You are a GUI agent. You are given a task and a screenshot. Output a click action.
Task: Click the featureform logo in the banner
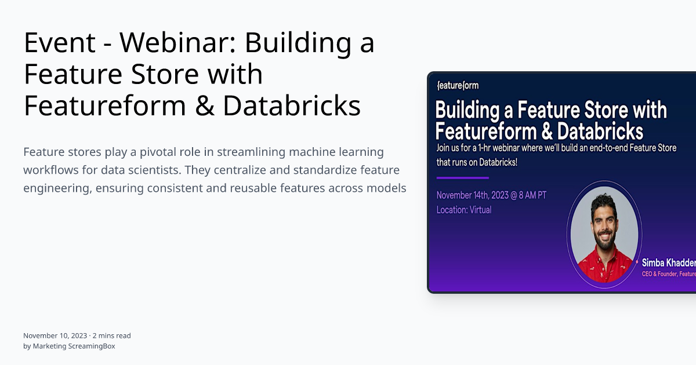click(x=458, y=86)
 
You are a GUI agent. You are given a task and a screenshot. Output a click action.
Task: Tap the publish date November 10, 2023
click(x=55, y=335)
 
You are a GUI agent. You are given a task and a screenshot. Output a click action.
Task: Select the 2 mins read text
click(x=111, y=335)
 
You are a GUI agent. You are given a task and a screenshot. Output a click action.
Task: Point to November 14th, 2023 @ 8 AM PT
click(x=491, y=195)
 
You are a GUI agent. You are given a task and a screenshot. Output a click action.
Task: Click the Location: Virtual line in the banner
click(x=464, y=210)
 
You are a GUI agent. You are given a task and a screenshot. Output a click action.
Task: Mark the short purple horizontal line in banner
click(x=462, y=178)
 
